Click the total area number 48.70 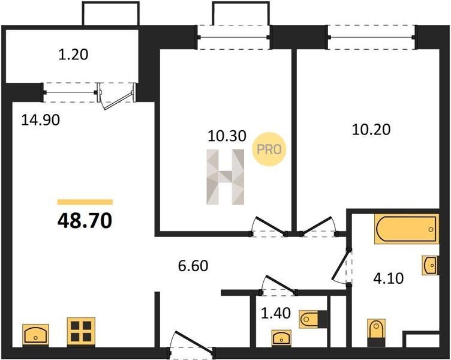click(85, 221)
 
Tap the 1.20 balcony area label click(73, 55)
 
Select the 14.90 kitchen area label click(41, 120)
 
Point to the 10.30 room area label click(227, 136)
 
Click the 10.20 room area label click(371, 130)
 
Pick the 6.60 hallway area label click(193, 266)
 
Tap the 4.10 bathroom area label click(389, 278)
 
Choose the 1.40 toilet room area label click(275, 313)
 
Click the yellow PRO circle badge click(269, 149)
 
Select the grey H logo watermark click(225, 176)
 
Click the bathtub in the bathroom click(407, 229)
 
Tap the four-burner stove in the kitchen click(81, 331)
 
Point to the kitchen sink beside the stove click(35, 334)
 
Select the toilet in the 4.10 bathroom click(377, 332)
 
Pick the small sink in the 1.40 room click(282, 337)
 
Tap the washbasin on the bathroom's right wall click(431, 265)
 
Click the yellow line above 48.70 click(85, 202)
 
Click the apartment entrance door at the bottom click(191, 345)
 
